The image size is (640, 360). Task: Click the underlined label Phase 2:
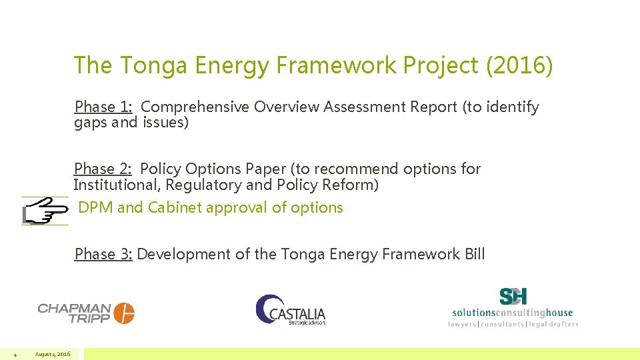point(104,169)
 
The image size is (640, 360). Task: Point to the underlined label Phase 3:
point(104,254)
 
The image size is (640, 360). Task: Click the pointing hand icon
point(45,211)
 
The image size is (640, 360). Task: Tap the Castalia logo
point(291,311)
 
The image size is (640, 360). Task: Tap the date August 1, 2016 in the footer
point(53,353)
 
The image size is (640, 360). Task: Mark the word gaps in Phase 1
point(89,123)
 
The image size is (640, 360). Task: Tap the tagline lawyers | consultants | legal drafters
point(513,324)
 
